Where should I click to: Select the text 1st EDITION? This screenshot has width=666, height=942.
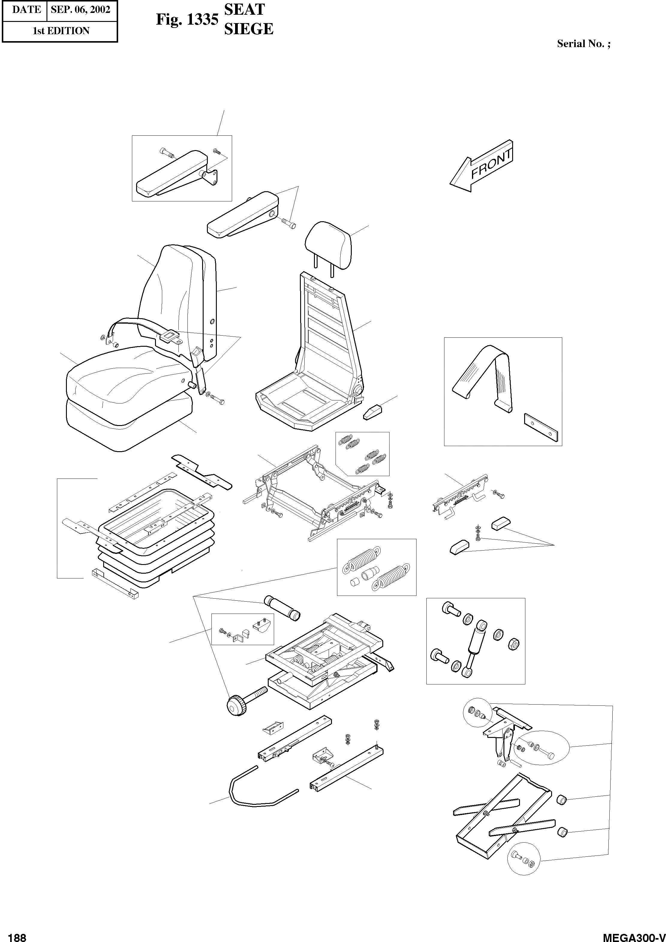tap(61, 31)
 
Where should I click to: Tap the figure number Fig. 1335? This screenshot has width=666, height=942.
tap(187, 20)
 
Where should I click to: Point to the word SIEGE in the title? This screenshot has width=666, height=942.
tap(249, 29)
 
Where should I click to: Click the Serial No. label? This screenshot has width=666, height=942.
tap(583, 44)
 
